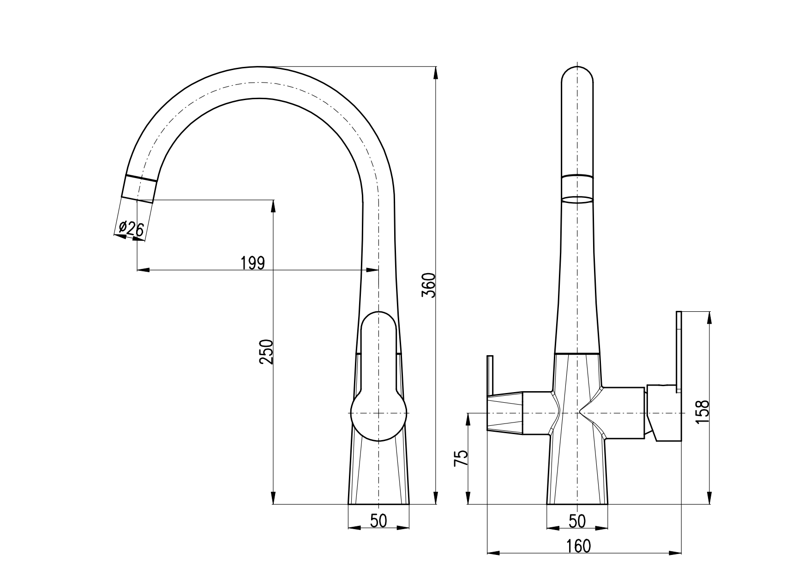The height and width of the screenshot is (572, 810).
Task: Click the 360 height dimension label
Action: pyautogui.click(x=429, y=286)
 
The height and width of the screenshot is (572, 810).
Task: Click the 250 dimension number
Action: pyautogui.click(x=266, y=352)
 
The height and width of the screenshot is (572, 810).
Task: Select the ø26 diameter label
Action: pyautogui.click(x=132, y=228)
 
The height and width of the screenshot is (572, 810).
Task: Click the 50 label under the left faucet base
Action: pyautogui.click(x=378, y=521)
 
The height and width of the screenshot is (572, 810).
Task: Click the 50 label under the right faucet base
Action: pyautogui.click(x=577, y=521)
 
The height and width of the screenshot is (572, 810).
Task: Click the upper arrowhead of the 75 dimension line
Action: pyautogui.click(x=468, y=419)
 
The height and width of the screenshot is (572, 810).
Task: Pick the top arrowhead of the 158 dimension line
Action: pyautogui.click(x=709, y=318)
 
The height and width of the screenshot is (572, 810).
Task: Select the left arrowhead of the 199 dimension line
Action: pyautogui.click(x=143, y=269)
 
